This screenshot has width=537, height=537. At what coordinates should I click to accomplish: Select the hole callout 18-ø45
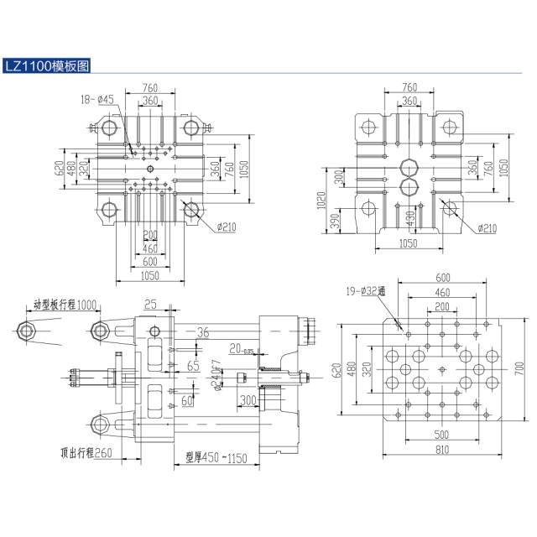click(x=97, y=100)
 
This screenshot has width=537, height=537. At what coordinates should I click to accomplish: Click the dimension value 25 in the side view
click(x=150, y=304)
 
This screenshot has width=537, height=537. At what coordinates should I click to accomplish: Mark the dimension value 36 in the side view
click(x=201, y=333)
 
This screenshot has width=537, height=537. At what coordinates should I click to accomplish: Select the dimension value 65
click(x=193, y=366)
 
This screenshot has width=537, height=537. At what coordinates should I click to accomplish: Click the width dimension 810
click(x=441, y=451)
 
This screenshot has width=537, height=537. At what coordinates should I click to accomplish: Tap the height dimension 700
click(x=519, y=367)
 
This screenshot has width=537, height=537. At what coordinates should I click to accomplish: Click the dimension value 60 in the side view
click(x=187, y=401)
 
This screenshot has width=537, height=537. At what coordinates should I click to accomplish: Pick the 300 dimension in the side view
click(x=248, y=401)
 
